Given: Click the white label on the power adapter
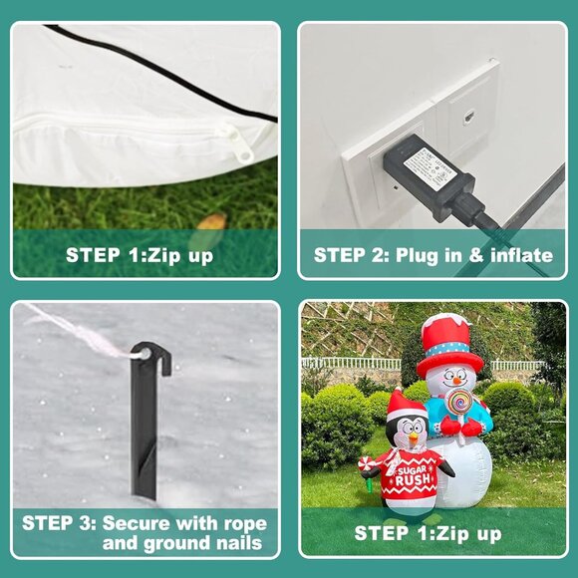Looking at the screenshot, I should tap(429, 163).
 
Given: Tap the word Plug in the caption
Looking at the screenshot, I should tap(428, 255).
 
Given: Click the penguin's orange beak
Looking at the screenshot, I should tap(408, 434).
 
